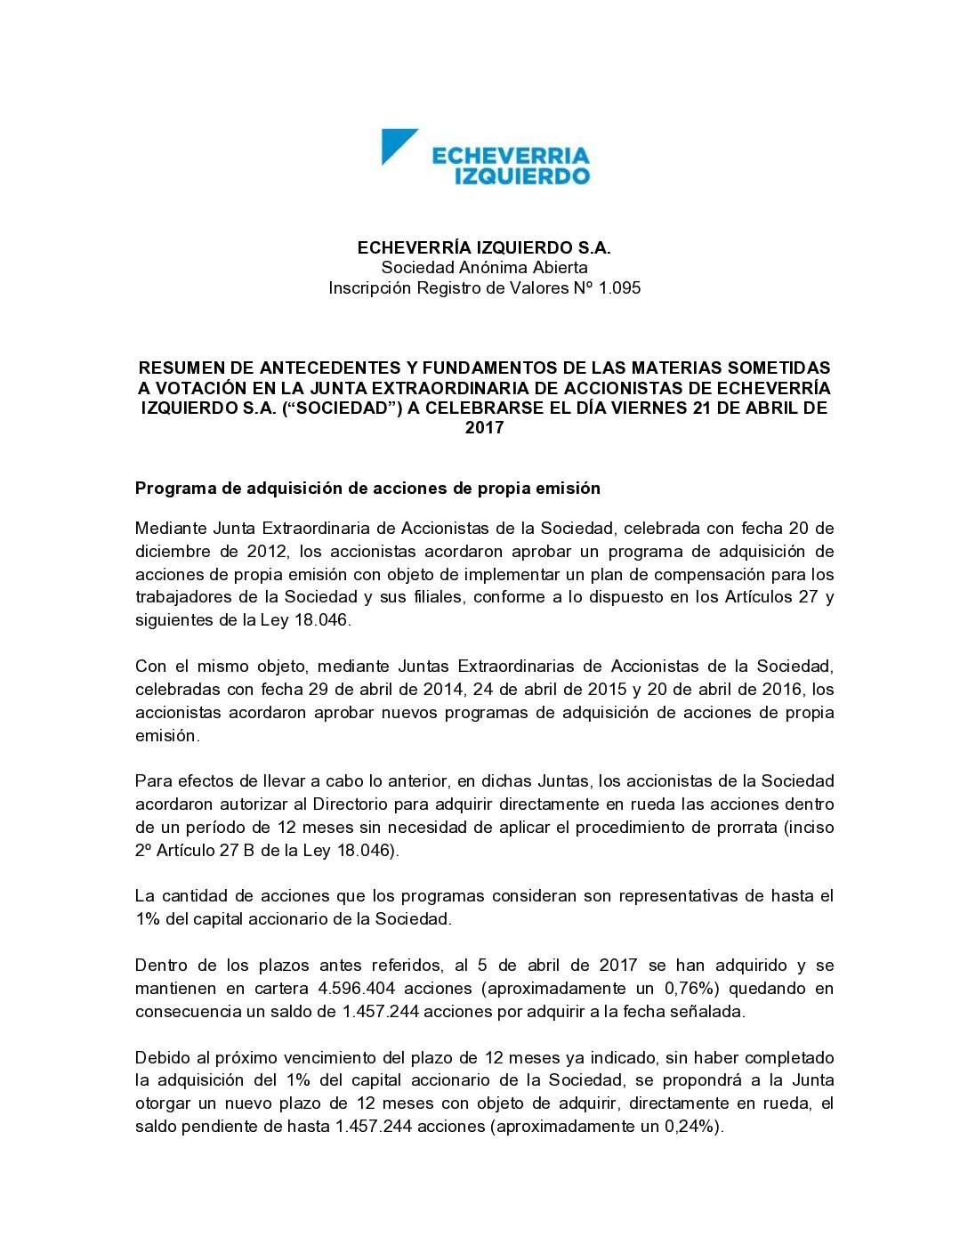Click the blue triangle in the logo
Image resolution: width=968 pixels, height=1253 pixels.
pos(396,144)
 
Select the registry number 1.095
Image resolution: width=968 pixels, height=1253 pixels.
pos(619,288)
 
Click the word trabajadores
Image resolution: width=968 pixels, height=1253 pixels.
pos(186,597)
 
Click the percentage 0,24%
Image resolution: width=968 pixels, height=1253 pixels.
pos(691,1127)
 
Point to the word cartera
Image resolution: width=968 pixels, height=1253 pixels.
pos(278,989)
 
